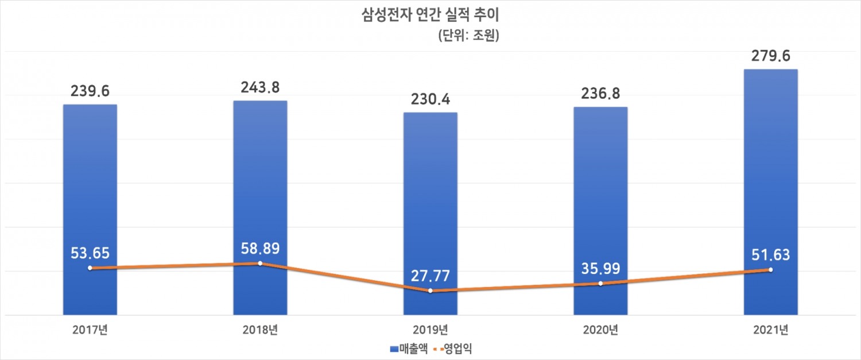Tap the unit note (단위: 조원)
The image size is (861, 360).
click(468, 36)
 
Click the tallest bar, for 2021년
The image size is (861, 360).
click(770, 172)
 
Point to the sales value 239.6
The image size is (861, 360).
click(90, 91)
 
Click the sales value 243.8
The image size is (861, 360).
click(260, 87)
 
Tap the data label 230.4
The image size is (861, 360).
click(430, 99)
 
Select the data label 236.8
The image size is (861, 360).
click(600, 94)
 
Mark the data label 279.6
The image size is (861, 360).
click(770, 56)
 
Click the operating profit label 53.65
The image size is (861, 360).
click(90, 252)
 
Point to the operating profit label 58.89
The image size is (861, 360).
click(260, 247)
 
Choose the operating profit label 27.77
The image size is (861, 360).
click(430, 275)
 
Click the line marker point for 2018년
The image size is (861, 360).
click(260, 264)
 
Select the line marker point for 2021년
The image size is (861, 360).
click(770, 269)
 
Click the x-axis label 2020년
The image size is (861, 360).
click(600, 330)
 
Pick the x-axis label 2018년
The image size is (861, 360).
click(260, 330)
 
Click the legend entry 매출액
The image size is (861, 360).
click(409, 348)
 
